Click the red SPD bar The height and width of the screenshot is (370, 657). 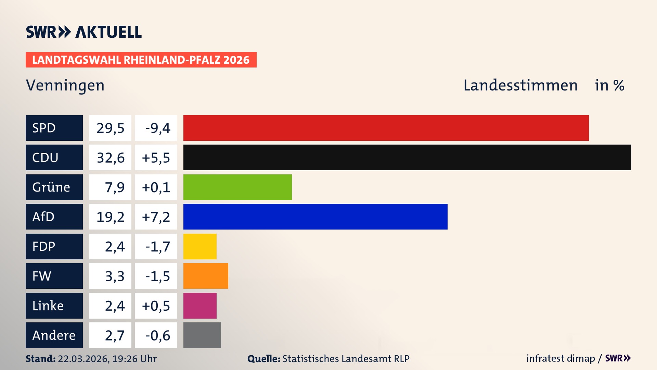[386, 128]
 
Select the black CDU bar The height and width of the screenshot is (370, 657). [407, 158]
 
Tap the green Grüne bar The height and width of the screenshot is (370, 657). [237, 187]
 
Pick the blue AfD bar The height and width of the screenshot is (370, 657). [315, 217]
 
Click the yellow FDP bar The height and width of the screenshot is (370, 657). [200, 246]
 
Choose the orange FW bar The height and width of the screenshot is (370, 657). [206, 276]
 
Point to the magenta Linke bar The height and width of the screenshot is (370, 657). [200, 306]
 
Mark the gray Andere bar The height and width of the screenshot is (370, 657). [202, 335]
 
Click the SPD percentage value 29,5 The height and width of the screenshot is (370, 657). [110, 128]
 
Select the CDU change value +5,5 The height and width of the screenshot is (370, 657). [156, 158]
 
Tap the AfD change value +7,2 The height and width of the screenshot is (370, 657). [156, 217]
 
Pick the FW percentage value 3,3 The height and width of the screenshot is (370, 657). [115, 276]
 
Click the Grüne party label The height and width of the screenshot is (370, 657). [51, 187]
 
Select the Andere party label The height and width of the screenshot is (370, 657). [54, 335]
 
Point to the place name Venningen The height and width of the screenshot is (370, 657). [65, 85]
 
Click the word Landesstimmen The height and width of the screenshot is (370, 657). [520, 85]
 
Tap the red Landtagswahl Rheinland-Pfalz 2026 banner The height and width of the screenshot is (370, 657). [141, 60]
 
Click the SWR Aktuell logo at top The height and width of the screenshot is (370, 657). [84, 32]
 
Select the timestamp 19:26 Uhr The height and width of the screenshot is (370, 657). [134, 359]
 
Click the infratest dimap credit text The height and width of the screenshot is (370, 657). [561, 358]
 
